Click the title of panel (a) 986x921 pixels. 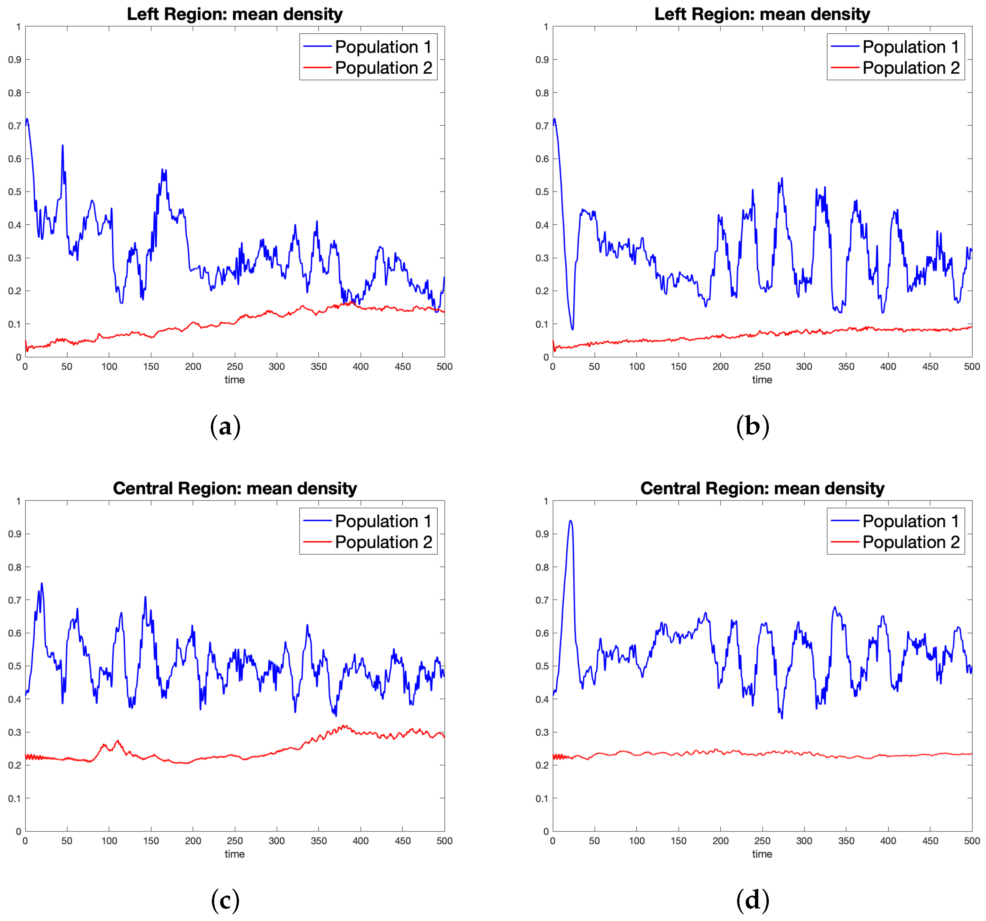[x=235, y=14]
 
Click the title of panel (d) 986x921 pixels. [x=762, y=488]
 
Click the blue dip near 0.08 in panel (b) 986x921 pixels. [x=572, y=329]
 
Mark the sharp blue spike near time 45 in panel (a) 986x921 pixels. [x=62, y=145]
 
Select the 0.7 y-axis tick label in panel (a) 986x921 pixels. [x=15, y=126]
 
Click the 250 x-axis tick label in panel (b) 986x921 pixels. [x=762, y=366]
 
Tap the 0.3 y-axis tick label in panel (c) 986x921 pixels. [x=15, y=732]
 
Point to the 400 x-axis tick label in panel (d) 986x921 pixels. [x=888, y=841]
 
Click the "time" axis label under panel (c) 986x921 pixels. [x=235, y=854]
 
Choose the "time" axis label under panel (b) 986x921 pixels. [x=762, y=379]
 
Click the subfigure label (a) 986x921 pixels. [x=225, y=426]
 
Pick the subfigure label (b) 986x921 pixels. [x=752, y=426]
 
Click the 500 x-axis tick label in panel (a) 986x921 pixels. [x=444, y=366]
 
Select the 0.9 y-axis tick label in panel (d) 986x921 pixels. [x=542, y=534]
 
